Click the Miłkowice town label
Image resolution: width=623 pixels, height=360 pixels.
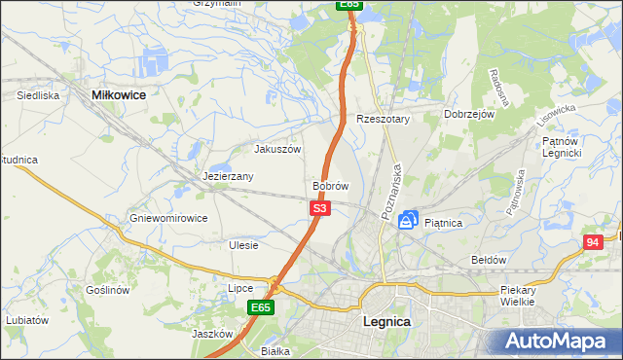pos(118,94)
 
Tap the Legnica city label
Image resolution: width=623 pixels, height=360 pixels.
pos(385,321)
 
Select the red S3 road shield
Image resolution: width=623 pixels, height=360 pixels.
pos(321,208)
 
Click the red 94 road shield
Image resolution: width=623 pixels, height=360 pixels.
pos(594,241)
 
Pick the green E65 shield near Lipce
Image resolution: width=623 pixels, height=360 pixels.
pos(260,307)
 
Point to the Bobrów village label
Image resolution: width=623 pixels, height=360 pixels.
pos(330,185)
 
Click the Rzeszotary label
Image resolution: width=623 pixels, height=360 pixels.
pos(384,119)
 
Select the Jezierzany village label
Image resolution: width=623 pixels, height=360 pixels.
pos(228,177)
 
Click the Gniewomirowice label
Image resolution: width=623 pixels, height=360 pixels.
pos(168,219)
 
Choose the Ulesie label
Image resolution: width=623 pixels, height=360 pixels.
pos(243,245)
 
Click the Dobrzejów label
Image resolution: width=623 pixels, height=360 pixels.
pos(470,114)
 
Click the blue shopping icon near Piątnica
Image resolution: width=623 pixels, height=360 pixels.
pos(410,221)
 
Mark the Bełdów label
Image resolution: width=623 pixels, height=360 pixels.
pos(489,260)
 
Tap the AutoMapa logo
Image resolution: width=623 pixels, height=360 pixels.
pos(559,341)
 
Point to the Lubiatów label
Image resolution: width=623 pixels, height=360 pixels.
pos(26,319)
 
